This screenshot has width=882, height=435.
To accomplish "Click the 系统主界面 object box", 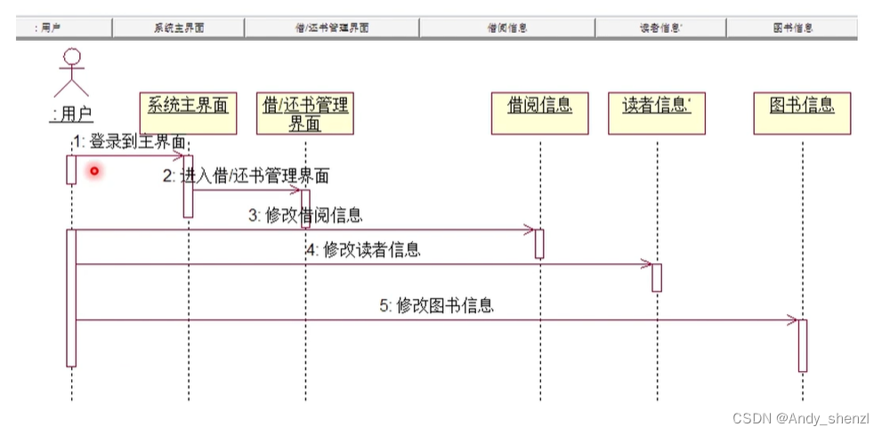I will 188,113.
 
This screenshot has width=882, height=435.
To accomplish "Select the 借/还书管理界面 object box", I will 304,113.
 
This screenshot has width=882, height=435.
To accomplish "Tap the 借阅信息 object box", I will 539,113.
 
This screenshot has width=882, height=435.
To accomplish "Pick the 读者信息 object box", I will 657,113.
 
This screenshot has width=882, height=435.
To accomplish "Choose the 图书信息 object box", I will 802,113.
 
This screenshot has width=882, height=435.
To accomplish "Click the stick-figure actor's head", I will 71,59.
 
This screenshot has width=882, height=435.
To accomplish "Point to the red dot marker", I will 93,170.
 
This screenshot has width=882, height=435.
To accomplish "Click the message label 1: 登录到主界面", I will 130,141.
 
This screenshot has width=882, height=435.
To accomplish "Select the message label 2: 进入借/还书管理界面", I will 246,176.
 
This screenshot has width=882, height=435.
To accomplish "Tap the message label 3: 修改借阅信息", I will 305,215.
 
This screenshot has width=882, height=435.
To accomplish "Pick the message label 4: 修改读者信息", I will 363,250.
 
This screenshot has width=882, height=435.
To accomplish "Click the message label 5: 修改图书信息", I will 436,306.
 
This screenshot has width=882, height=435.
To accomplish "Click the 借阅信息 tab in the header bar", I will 507,28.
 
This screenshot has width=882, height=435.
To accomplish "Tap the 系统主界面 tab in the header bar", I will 178,28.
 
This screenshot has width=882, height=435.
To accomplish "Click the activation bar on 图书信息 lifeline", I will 803,345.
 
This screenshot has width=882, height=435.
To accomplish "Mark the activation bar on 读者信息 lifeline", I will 657,277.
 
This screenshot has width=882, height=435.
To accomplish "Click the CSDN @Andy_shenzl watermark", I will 800,418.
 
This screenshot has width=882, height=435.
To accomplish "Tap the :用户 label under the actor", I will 72,114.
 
